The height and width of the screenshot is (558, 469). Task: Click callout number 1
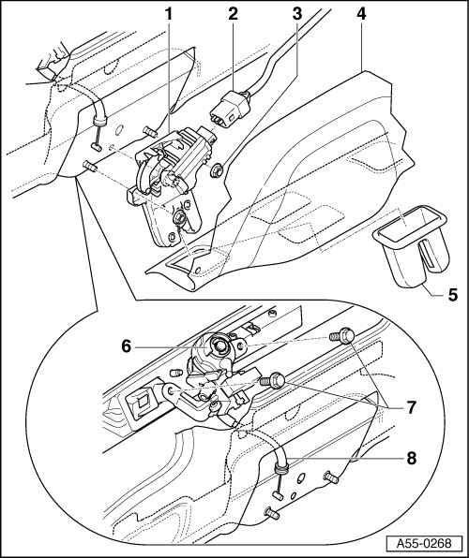tap(168, 14)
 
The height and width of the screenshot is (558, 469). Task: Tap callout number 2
tap(233, 14)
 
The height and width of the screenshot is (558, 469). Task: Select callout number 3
tap(297, 14)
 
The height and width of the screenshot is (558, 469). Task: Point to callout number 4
tap(361, 14)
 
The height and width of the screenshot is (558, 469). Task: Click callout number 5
tap(453, 295)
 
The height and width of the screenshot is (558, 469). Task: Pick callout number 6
tap(127, 345)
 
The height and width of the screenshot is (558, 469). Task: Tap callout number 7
tap(411, 407)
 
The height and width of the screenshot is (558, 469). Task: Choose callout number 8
tap(411, 459)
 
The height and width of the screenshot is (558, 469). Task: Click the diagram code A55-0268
tap(424, 543)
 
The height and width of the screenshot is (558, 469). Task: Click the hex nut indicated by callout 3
tap(217, 170)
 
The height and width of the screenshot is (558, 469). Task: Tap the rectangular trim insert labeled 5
tap(410, 244)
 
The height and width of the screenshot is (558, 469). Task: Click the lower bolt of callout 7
tap(273, 380)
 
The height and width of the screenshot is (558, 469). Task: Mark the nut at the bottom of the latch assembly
tap(178, 217)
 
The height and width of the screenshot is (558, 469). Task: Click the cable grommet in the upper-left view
tap(99, 122)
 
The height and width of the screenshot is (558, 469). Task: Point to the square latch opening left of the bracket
tap(143, 403)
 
